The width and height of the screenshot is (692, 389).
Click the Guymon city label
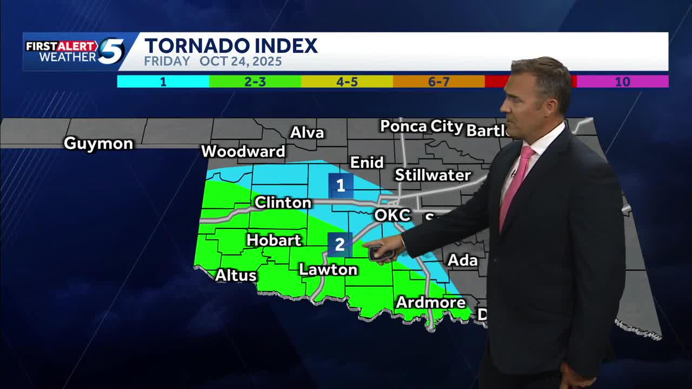98,144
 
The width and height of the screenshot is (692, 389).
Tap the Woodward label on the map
243,152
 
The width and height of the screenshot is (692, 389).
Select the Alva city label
307,133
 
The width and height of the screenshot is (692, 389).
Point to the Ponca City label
421,127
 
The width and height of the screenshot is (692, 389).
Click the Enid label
367,163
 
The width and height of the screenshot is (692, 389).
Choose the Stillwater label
432,175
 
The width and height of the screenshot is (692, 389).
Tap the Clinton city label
283,203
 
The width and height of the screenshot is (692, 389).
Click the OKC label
392,215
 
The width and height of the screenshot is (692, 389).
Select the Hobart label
274,240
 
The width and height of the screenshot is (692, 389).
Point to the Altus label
236,275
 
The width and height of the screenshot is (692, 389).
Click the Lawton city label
328,270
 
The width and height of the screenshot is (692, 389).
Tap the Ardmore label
430,302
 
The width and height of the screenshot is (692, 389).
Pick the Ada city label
462,260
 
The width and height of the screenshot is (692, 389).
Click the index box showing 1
341,186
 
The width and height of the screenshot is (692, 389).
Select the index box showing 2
340,244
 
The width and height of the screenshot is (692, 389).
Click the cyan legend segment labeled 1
163,82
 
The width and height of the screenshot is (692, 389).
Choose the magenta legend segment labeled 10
622,82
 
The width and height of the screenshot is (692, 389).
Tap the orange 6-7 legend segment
438,82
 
